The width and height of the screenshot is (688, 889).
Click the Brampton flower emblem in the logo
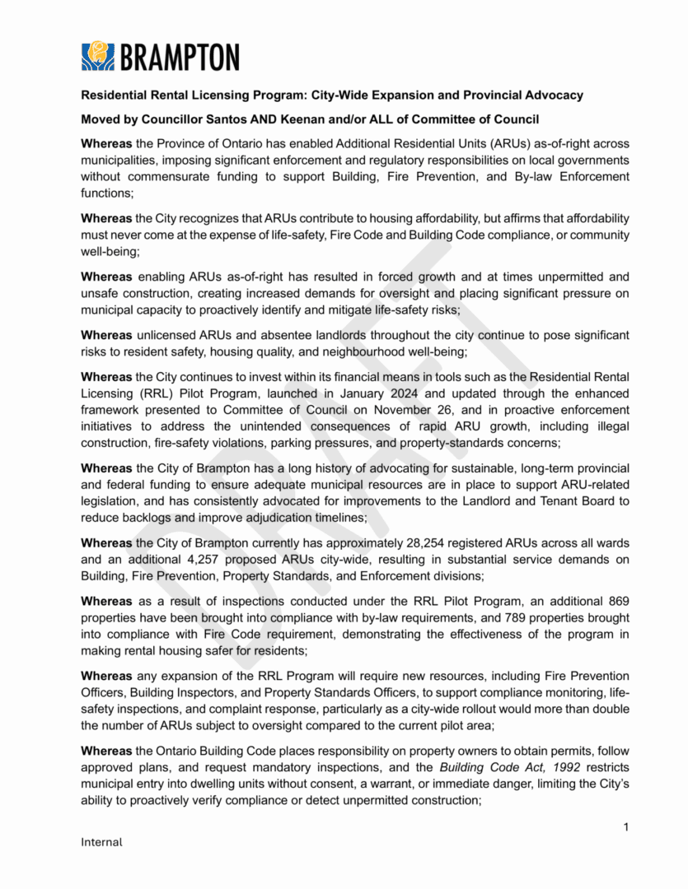pyautogui.click(x=98, y=56)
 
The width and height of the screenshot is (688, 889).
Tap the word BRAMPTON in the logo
pyautogui.click(x=179, y=57)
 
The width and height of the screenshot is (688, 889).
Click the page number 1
pyautogui.click(x=626, y=826)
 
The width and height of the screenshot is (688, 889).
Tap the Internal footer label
pyautogui.click(x=101, y=842)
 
